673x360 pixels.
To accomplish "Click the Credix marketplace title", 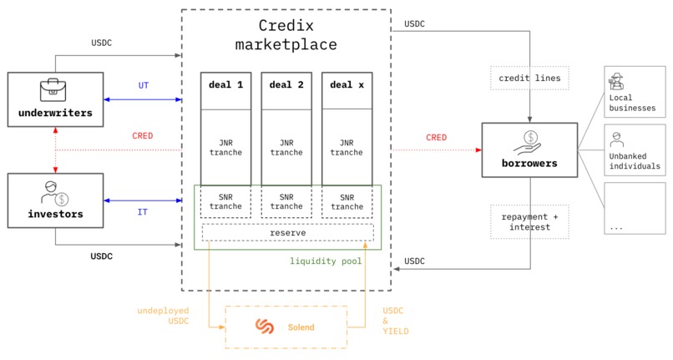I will click(x=286, y=35).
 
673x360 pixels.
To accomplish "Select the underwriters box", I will click(x=54, y=100).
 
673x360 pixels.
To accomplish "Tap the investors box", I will click(x=54, y=201).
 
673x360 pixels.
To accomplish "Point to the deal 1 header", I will click(x=225, y=85).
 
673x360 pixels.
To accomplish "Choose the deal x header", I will click(x=347, y=85).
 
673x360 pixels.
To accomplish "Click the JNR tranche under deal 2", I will click(x=286, y=147).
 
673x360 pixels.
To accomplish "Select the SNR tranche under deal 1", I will click(x=225, y=201).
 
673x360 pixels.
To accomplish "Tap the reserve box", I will click(x=286, y=232).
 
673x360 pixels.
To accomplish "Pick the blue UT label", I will click(x=143, y=86).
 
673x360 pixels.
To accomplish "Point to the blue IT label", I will click(x=143, y=212).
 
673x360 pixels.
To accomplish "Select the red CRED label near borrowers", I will click(x=436, y=138).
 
